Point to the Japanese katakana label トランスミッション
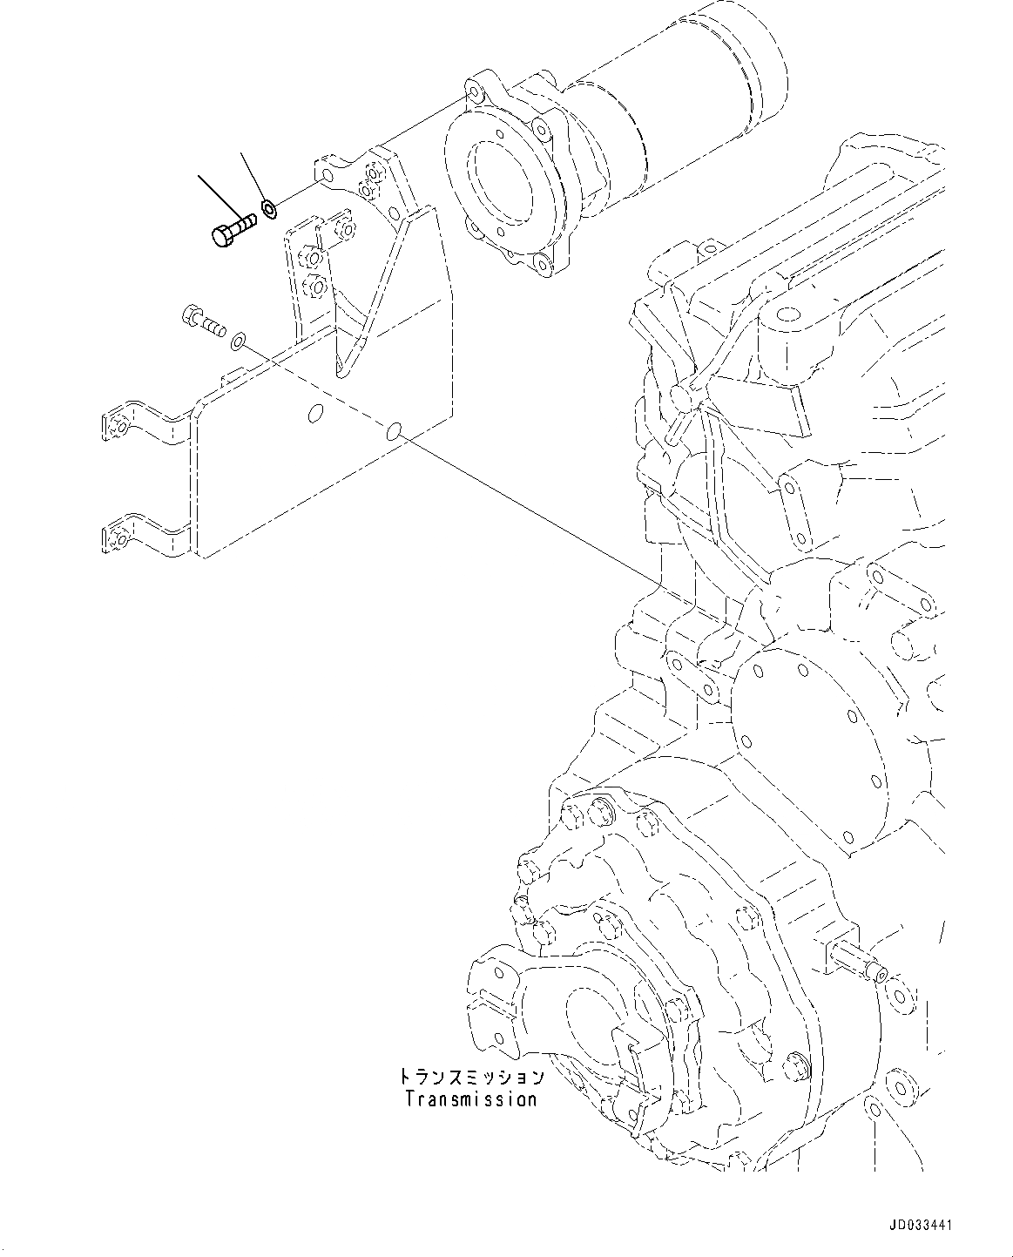pos(471,1078)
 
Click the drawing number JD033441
pos(920,1225)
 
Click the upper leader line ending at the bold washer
pos(253,178)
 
